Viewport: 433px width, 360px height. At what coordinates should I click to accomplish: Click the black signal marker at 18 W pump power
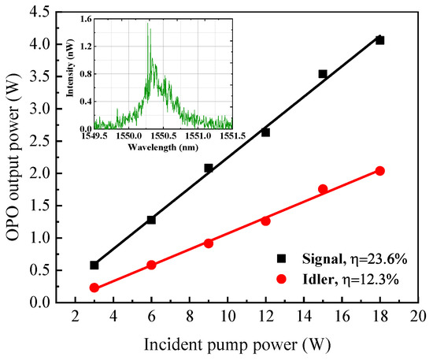point(379,40)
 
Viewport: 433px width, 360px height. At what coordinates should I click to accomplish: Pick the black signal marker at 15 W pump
point(323,74)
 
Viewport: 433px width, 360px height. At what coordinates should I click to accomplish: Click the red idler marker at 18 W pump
point(379,171)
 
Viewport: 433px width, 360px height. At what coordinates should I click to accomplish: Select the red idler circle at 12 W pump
point(265,221)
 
